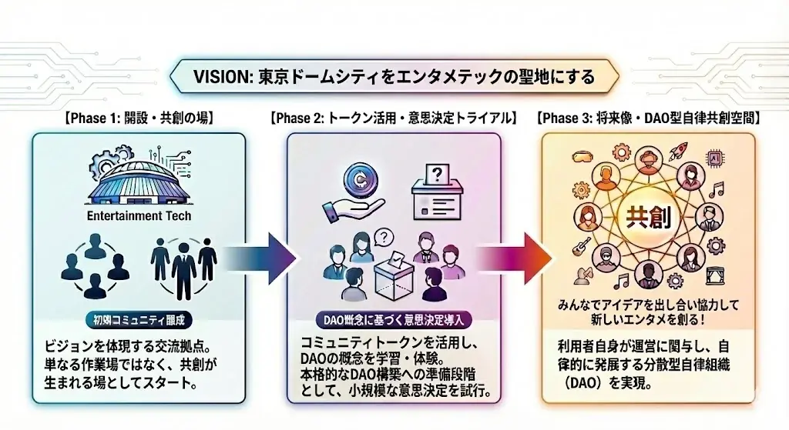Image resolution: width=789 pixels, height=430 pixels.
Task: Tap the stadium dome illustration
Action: pyautogui.click(x=139, y=181)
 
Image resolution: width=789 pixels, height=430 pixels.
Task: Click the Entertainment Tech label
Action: pyautogui.click(x=139, y=216)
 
